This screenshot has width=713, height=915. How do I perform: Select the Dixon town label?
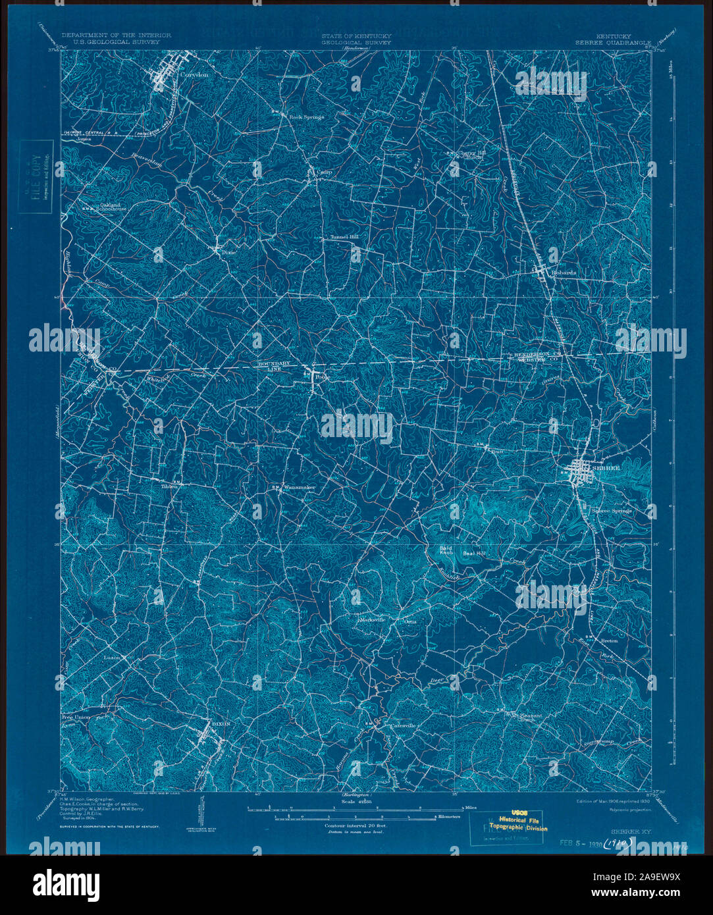click(219, 723)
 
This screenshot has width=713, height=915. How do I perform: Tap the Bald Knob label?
click(449, 550)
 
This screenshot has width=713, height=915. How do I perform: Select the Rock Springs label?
click(307, 117)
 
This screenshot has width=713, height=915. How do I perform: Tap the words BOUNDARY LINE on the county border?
click(269, 367)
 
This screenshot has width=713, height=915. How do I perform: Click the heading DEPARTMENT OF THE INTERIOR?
click(116, 35)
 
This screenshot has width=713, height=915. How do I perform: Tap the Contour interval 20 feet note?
click(356, 825)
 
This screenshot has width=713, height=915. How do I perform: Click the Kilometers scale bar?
click(356, 816)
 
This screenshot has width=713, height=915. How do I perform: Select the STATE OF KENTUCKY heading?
click(356, 35)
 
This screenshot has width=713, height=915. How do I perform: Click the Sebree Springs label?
click(610, 510)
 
